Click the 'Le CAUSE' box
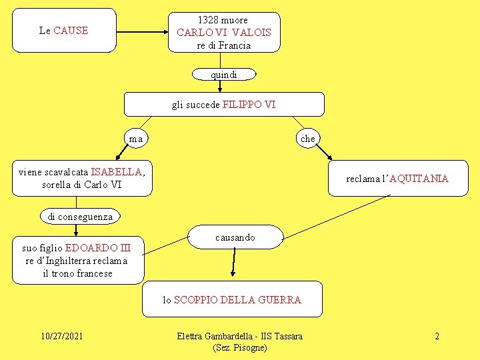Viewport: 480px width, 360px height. [64, 30]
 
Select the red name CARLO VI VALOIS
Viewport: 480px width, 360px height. [224, 32]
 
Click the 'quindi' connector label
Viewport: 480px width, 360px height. [224, 75]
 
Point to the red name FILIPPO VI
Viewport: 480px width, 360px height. [249, 105]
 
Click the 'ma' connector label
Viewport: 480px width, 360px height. [136, 139]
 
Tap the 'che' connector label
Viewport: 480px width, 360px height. [307, 139]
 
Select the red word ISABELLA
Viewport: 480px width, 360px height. [117, 172]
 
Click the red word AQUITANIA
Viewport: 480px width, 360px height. [419, 179]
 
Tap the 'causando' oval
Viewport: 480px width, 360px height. [235, 237]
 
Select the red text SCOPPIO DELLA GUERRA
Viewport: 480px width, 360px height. [237, 300]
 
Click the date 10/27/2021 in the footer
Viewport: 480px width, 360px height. [61, 336]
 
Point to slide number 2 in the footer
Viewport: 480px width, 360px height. [437, 336]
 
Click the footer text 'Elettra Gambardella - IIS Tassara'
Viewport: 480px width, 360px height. [240, 336]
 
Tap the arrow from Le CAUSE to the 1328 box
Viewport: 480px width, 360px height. [141, 30]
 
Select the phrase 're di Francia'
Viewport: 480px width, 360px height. [224, 45]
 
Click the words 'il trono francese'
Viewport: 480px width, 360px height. [77, 273]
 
